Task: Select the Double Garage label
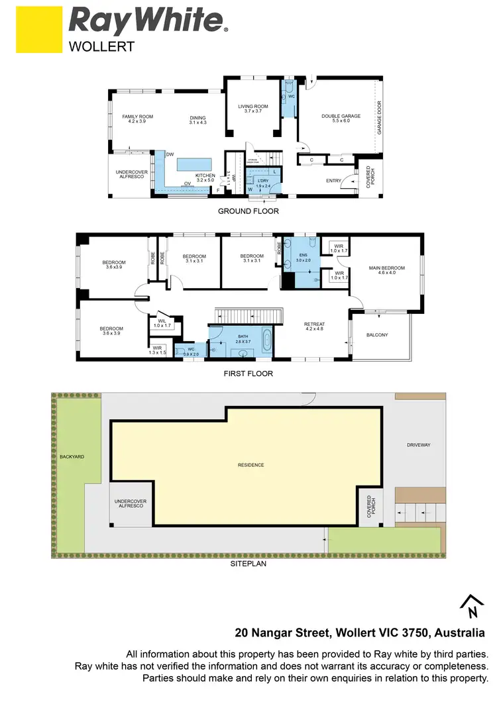pyautogui.click(x=341, y=119)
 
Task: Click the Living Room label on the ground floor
pyautogui.click(x=253, y=109)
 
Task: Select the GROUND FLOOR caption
pyautogui.click(x=248, y=211)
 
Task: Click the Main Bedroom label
pyautogui.click(x=386, y=271)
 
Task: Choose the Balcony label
pyautogui.click(x=377, y=335)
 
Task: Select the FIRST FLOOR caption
pyautogui.click(x=248, y=374)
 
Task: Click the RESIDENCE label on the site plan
pyautogui.click(x=251, y=465)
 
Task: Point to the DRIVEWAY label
pyautogui.click(x=419, y=445)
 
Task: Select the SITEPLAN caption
pyautogui.click(x=248, y=564)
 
